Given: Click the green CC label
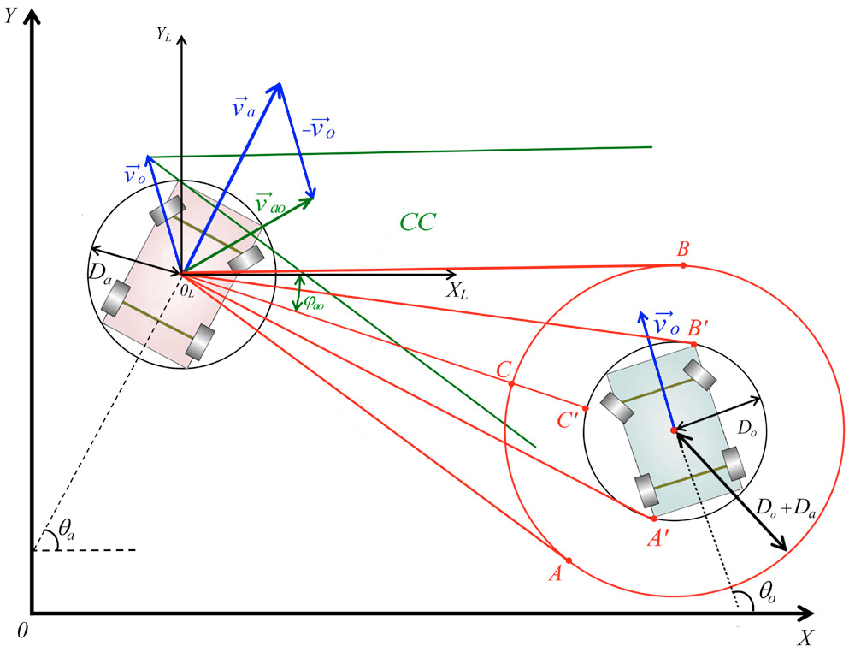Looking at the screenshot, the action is tap(418, 222).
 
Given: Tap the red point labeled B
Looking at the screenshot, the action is tap(683, 265).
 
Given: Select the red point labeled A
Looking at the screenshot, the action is tap(569, 560).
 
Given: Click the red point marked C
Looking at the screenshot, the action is tap(511, 383).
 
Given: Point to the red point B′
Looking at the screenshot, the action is tap(694, 344).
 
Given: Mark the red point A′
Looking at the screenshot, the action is tap(654, 519).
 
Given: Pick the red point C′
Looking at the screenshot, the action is tap(586, 408).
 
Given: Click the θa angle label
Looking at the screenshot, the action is tap(67, 531).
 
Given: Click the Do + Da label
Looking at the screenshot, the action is tap(785, 508).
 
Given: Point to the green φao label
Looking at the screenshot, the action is tap(314, 303).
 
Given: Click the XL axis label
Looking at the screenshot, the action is tap(457, 292).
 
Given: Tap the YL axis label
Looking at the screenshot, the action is tap(164, 35).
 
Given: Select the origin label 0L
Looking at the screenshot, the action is tap(186, 291).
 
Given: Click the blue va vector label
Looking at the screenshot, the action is tap(243, 107).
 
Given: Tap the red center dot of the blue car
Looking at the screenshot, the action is tap(674, 430).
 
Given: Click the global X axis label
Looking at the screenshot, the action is tap(805, 638).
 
